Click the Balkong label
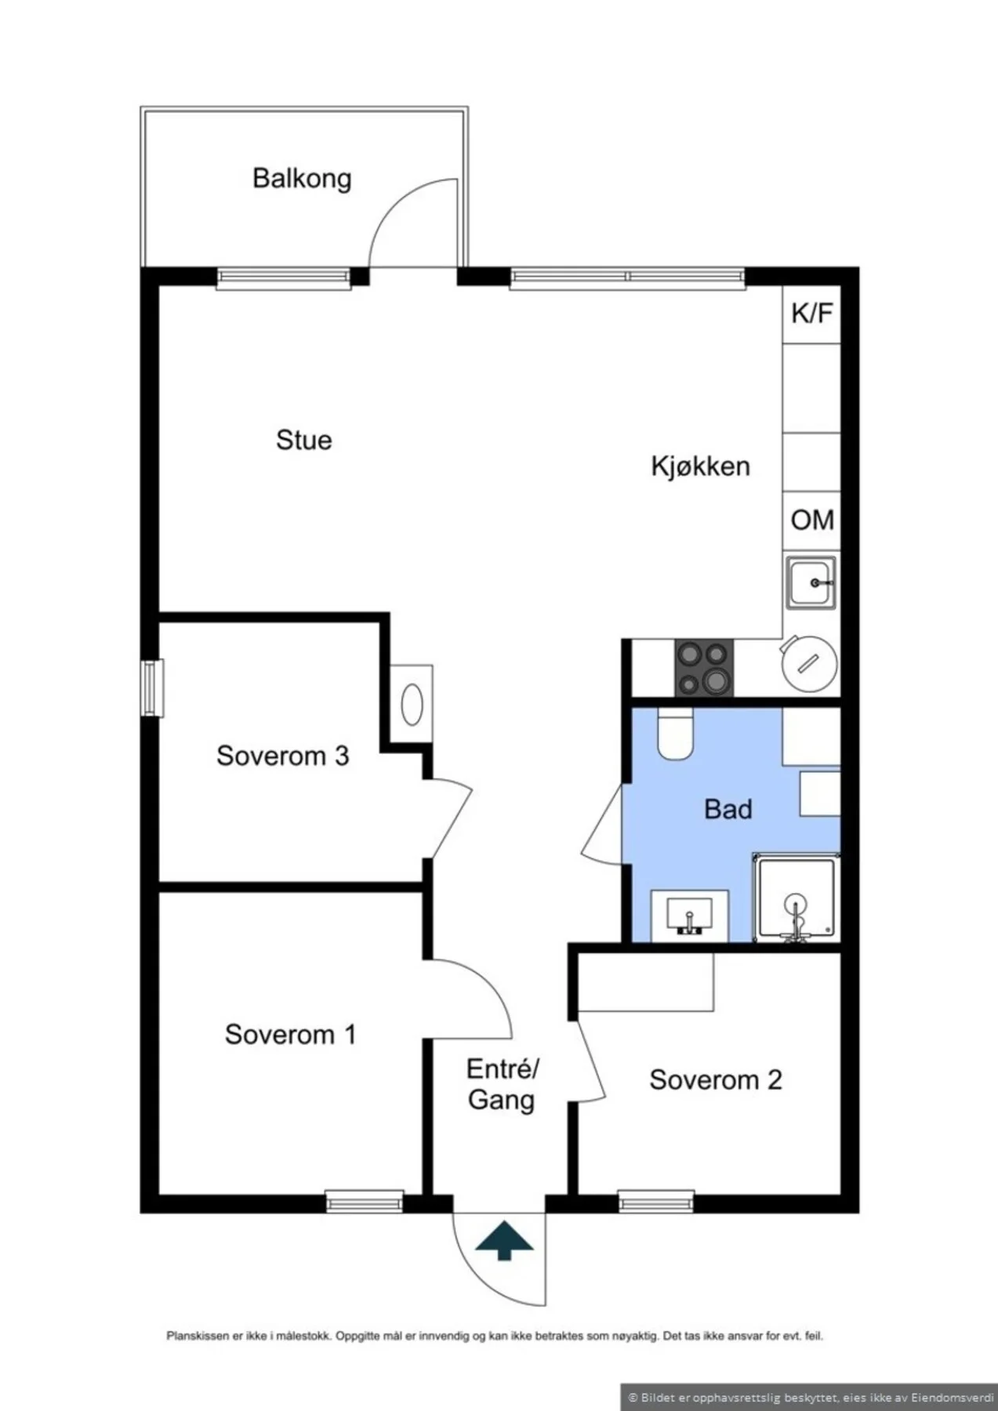point(302,179)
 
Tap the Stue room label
point(303,440)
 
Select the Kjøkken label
point(700,466)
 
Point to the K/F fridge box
point(811,314)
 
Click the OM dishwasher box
point(811,521)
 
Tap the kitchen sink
point(811,582)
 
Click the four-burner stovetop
point(704,668)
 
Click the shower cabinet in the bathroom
point(796,898)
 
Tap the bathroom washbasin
point(689,916)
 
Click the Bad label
point(728,809)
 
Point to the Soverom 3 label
point(282,756)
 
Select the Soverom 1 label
point(290,1035)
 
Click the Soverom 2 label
point(715,1080)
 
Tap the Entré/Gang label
point(502,1084)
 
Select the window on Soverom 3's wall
point(152,688)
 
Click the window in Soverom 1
point(365,1201)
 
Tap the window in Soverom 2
point(656,1201)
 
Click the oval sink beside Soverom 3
point(412,705)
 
